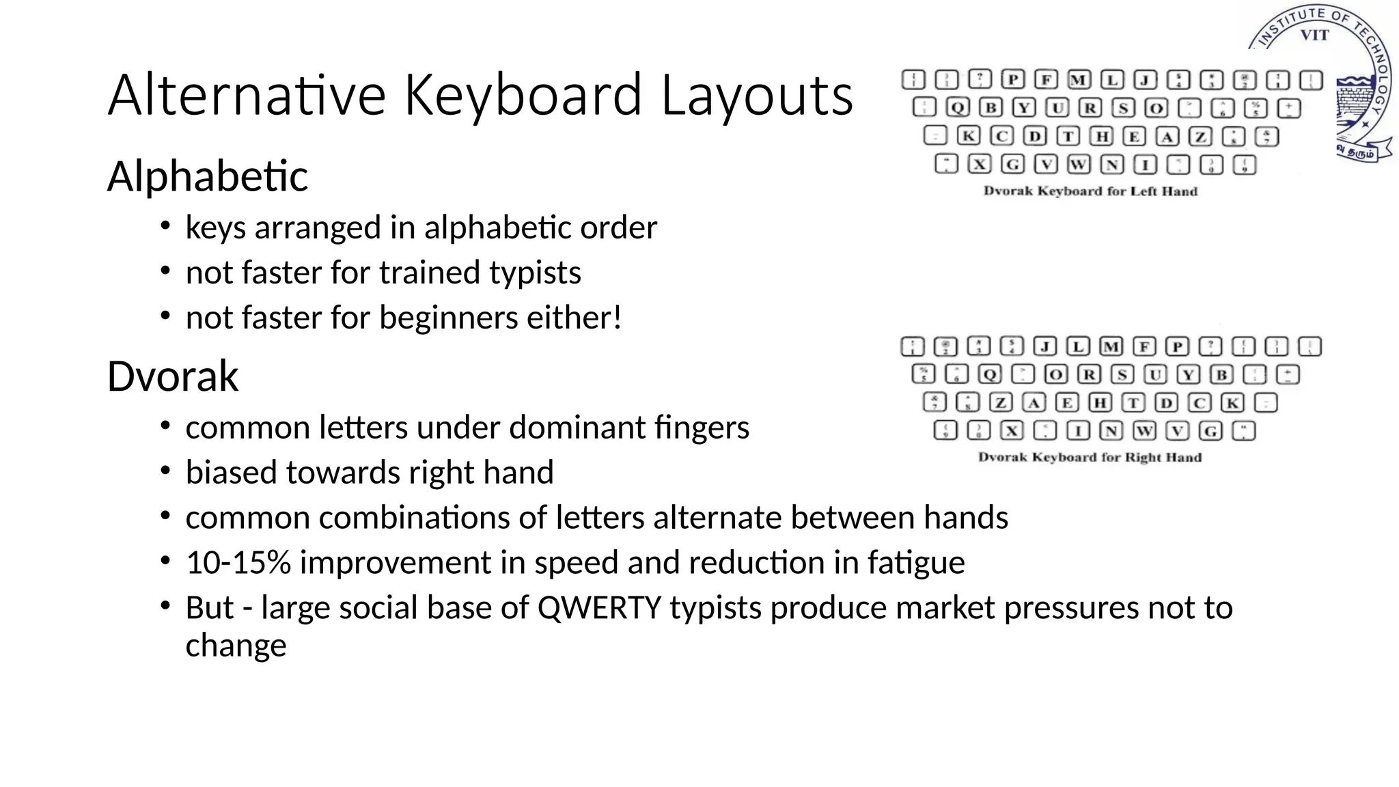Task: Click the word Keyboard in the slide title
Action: pos(523,96)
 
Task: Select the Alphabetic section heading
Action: pos(208,176)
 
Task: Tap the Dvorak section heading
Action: pos(173,376)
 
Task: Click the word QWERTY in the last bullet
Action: pos(599,608)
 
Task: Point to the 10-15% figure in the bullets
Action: pos(238,563)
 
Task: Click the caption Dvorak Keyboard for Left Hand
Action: pos(1090,191)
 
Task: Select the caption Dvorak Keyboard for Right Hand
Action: pos(1090,457)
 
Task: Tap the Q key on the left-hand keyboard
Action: pos(958,108)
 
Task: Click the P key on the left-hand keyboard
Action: pos(1013,80)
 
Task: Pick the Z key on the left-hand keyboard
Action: pos(1200,137)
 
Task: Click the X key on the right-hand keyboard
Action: pos(1012,431)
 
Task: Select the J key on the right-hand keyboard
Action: pos(1044,347)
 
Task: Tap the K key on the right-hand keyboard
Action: pos(1232,403)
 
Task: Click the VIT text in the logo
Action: pos(1314,36)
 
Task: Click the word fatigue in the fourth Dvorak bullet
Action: pos(916,563)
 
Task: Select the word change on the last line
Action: pos(236,646)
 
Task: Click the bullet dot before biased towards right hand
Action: pos(165,471)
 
